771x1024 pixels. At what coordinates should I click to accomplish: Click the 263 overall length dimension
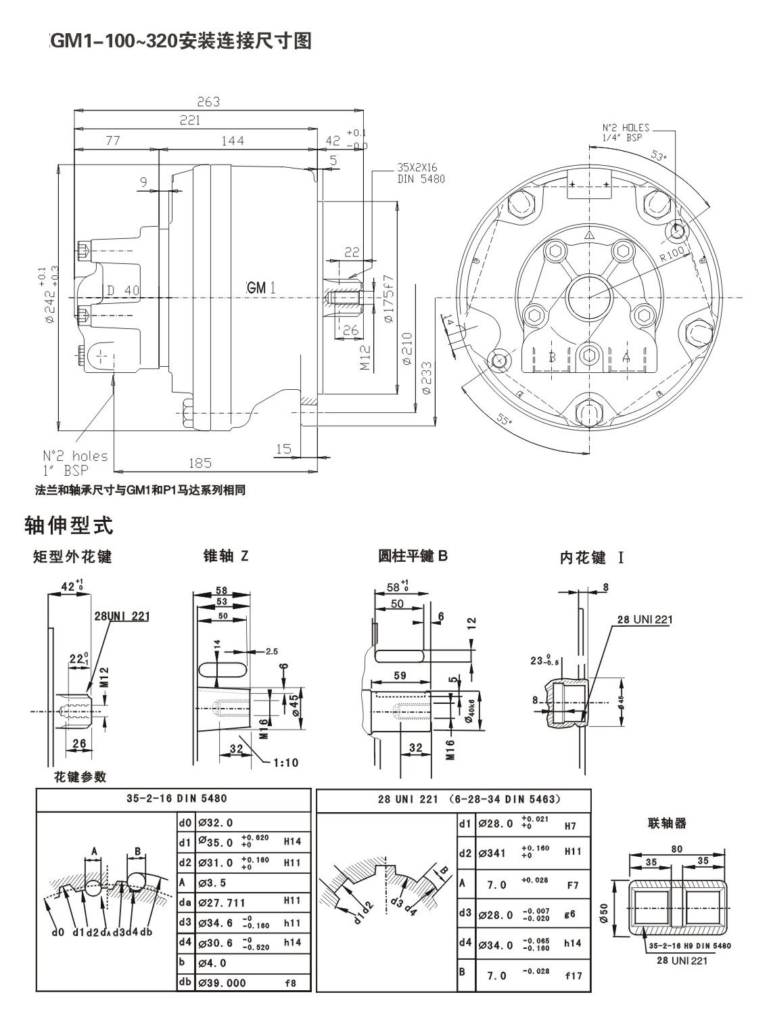(208, 102)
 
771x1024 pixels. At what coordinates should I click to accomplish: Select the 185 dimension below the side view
(200, 463)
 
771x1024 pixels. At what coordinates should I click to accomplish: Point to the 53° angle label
(657, 155)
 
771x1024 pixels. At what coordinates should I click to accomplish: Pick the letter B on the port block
(553, 357)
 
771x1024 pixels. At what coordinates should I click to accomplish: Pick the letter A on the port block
(626, 357)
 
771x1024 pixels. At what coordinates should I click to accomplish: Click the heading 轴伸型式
(68, 525)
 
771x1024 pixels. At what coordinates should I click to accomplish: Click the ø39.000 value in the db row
(222, 983)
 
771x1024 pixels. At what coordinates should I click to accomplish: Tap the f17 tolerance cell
(573, 975)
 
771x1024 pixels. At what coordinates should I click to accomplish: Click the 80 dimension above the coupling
(676, 849)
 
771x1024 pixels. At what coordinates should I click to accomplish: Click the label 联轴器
(667, 824)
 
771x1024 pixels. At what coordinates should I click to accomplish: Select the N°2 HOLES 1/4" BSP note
(626, 132)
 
